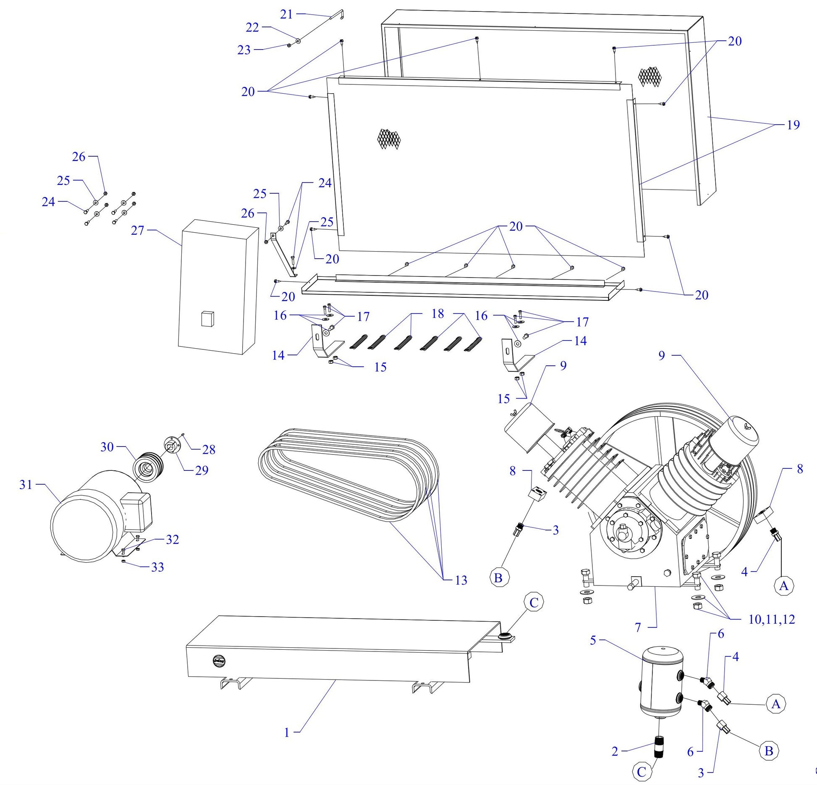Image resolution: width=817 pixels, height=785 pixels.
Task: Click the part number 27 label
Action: click(137, 231)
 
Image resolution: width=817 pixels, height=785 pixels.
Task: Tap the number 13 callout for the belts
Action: click(461, 580)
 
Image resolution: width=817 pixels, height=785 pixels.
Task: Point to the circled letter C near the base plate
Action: click(534, 603)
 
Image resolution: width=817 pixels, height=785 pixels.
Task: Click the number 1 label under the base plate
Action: click(287, 732)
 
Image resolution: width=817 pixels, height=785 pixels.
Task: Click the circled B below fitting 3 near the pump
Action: click(498, 578)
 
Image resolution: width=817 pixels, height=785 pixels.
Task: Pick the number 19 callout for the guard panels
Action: click(793, 125)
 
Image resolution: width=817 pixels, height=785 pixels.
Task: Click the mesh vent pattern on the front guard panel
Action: click(389, 139)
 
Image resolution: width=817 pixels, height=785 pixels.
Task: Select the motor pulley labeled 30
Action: click(148, 467)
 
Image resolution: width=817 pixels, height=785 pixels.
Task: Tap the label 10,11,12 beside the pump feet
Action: click(772, 619)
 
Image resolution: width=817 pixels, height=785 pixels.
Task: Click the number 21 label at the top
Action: click(286, 14)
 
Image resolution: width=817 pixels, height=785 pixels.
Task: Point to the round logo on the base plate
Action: click(219, 660)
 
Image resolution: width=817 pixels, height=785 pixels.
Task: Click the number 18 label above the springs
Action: click(437, 314)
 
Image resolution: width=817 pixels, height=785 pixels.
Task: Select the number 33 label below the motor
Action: click(157, 567)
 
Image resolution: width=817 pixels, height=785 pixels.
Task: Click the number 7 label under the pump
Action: click(638, 627)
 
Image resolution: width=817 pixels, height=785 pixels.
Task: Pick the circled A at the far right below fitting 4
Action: click(783, 585)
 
